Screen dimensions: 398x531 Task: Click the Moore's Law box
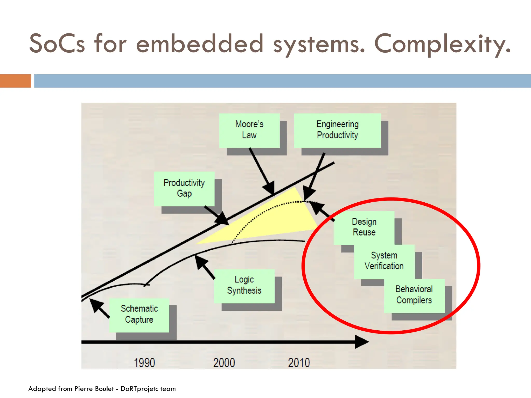click(249, 130)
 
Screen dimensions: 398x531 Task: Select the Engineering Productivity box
click(337, 130)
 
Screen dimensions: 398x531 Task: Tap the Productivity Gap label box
click(184, 189)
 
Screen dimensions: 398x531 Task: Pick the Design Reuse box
click(364, 227)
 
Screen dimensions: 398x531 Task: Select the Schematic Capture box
click(139, 315)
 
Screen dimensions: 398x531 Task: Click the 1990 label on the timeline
click(144, 363)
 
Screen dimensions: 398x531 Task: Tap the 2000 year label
click(224, 363)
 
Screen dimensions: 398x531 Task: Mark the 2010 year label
click(299, 363)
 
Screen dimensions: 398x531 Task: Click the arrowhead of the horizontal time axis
click(362, 342)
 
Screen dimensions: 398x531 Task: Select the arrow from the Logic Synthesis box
click(205, 267)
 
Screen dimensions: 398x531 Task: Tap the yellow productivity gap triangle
click(280, 218)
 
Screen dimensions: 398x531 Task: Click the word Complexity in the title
click(442, 44)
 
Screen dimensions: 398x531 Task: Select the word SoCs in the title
click(57, 44)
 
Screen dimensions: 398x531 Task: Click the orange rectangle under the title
click(16, 81)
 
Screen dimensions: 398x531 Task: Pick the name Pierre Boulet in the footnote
click(94, 389)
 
